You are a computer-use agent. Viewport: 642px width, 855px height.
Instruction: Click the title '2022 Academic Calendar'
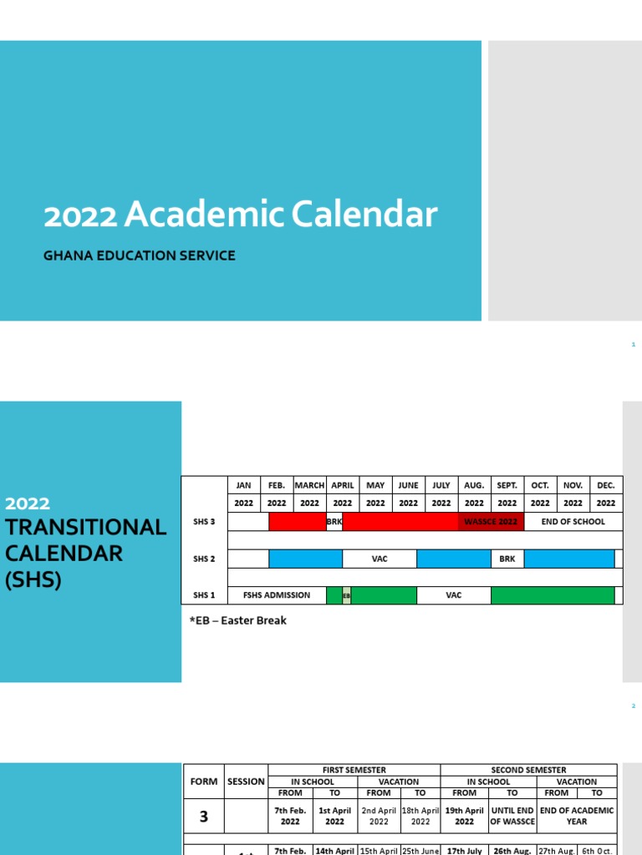click(x=240, y=215)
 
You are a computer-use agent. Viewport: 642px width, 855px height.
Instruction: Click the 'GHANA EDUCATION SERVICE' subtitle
click(x=140, y=255)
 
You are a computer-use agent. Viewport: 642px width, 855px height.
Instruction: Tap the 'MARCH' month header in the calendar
click(x=309, y=485)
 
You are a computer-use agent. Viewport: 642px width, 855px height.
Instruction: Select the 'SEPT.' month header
click(x=507, y=485)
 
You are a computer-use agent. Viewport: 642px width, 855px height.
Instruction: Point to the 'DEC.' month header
click(x=606, y=485)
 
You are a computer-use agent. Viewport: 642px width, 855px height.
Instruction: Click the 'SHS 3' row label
click(x=204, y=522)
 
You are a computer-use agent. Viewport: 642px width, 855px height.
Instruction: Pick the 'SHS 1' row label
click(x=204, y=595)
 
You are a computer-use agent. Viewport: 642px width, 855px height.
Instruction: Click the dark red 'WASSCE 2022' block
click(x=491, y=522)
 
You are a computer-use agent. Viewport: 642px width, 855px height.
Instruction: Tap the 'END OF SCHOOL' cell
click(x=573, y=522)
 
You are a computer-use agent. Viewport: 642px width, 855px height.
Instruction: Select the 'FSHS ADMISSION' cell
click(x=277, y=595)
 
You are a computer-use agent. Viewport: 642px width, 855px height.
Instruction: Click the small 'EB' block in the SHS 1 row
click(x=346, y=596)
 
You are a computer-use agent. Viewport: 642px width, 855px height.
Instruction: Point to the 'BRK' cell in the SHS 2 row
click(x=507, y=559)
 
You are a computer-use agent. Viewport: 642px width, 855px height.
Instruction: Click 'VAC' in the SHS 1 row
click(x=454, y=595)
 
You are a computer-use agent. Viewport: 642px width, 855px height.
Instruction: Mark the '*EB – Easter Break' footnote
click(x=238, y=620)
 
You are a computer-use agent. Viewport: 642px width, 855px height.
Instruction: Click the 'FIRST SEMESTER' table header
click(x=354, y=770)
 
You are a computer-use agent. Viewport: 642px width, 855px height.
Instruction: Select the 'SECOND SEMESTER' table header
click(x=528, y=770)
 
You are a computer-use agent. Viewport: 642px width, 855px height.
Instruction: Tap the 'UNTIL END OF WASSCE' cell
click(x=512, y=816)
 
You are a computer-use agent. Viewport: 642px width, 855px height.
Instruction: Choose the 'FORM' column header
click(x=203, y=782)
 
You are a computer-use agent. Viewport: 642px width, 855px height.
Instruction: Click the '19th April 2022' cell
click(x=464, y=816)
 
